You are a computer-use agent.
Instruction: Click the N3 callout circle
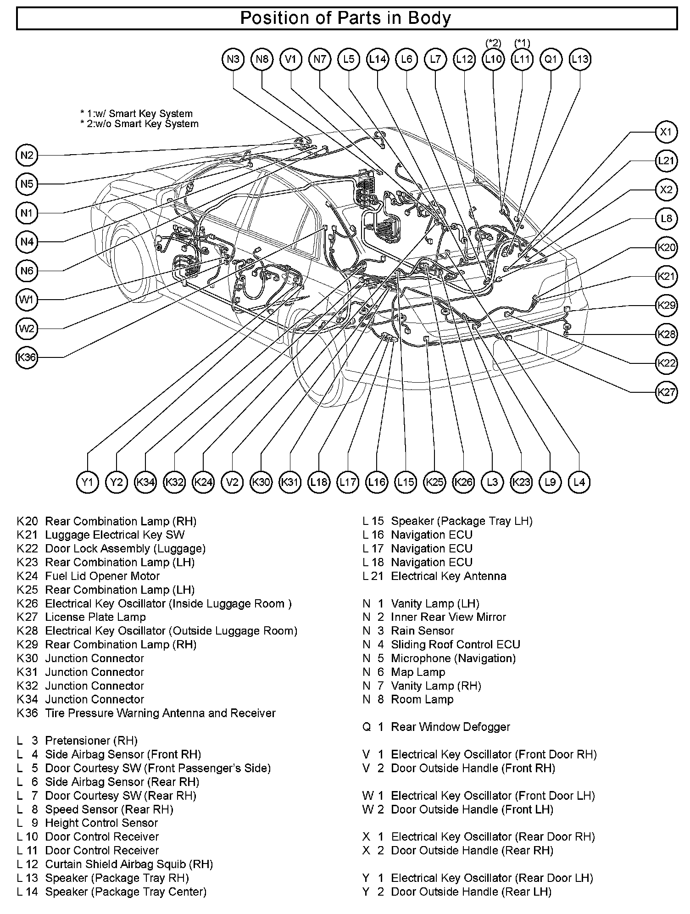click(x=233, y=60)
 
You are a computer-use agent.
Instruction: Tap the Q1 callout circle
click(x=551, y=60)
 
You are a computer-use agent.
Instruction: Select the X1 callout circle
click(x=666, y=133)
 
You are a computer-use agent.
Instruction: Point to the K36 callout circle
click(x=27, y=357)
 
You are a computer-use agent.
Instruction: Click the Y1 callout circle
click(x=87, y=482)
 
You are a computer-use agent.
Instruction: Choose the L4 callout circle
click(x=579, y=482)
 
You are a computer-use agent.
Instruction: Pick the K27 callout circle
click(x=666, y=392)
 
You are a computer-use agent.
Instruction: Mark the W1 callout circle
click(x=27, y=300)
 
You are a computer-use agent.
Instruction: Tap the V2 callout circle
click(x=232, y=482)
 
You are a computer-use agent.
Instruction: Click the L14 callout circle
click(x=378, y=60)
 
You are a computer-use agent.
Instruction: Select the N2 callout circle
click(x=27, y=155)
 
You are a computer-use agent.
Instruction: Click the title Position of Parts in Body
click(x=346, y=18)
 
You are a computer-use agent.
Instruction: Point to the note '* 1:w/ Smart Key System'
click(x=136, y=113)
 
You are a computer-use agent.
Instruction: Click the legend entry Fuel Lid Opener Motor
click(x=102, y=576)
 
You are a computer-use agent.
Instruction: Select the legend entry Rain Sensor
click(x=422, y=631)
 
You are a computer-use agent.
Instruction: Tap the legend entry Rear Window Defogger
click(x=450, y=727)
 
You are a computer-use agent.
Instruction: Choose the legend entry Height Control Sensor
click(x=101, y=823)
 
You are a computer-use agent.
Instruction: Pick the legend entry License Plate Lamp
click(x=95, y=617)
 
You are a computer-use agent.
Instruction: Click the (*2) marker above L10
click(x=493, y=43)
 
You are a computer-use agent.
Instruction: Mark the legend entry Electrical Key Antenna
click(x=448, y=576)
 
